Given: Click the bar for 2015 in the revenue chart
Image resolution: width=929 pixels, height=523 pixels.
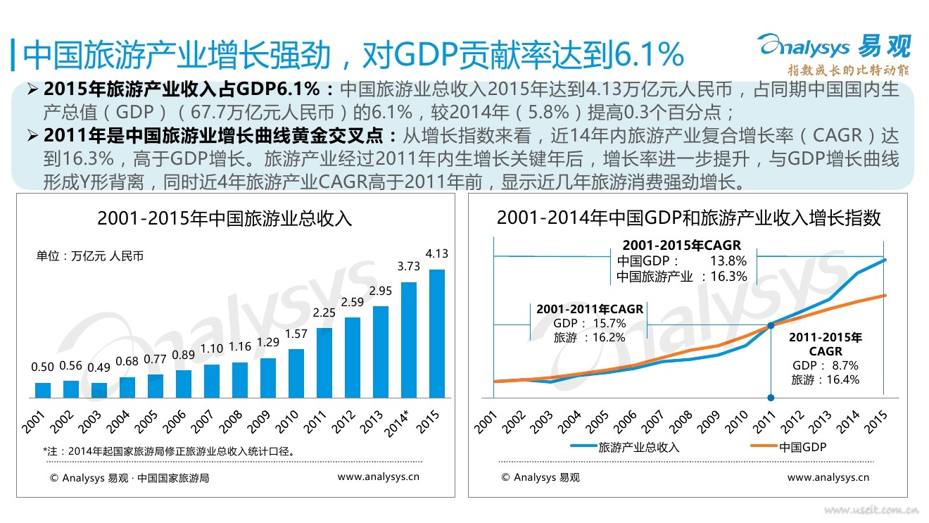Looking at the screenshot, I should [x=437, y=334].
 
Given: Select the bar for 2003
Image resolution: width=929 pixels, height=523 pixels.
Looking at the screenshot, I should [x=99, y=390].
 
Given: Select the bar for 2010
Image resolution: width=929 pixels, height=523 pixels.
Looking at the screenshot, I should [x=296, y=373].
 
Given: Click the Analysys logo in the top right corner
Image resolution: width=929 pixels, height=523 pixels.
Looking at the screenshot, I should [x=833, y=48].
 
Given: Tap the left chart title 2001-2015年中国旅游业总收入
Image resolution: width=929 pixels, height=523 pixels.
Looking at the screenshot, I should [x=225, y=218].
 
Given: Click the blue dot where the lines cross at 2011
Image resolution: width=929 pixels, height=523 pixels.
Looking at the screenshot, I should [x=771, y=325].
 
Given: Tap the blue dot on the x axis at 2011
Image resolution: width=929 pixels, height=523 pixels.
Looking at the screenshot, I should [x=771, y=398].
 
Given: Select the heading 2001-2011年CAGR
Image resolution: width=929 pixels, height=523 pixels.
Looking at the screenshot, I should [x=590, y=309].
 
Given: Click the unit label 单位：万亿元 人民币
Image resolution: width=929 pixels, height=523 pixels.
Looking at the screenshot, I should [x=90, y=256].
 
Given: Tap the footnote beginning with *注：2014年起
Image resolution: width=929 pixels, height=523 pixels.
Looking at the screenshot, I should [x=169, y=451].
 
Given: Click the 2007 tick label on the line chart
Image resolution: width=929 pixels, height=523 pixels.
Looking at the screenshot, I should [x=652, y=420].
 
